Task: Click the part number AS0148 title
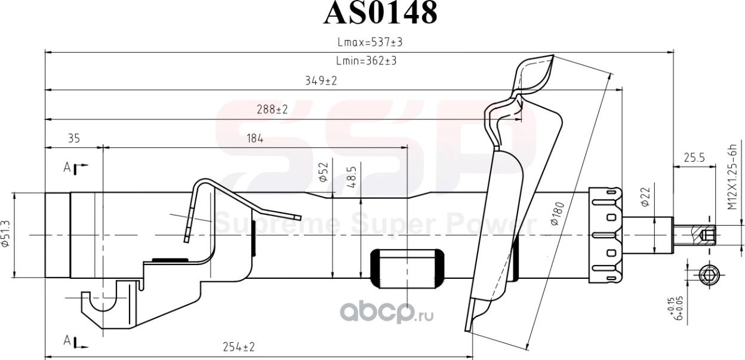point(380,13)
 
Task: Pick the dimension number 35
point(73,139)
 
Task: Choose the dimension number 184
point(254,139)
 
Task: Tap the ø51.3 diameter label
point(5,235)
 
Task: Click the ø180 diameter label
point(556,214)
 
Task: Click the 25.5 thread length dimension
point(694,158)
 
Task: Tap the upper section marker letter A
point(67,168)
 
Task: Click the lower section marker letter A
point(67,341)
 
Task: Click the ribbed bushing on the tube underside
point(407,267)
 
